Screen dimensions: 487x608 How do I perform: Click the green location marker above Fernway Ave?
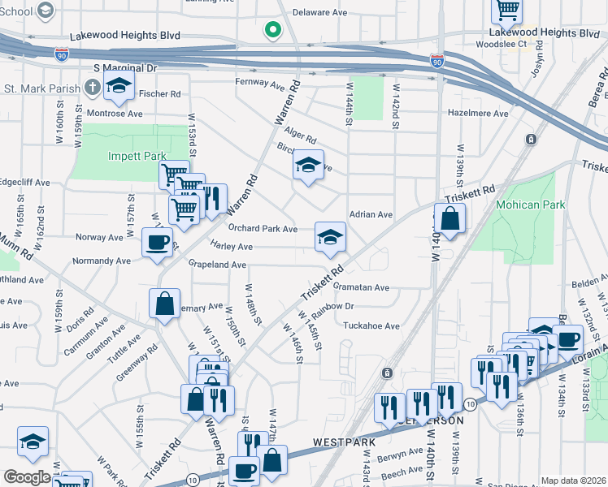coord(272,31)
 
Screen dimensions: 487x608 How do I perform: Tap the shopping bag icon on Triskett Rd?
coord(449,218)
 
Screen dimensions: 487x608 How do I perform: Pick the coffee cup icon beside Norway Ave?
coord(157,241)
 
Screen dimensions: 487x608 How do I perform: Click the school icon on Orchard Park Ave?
coord(329,236)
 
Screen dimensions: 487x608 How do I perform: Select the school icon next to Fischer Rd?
coord(119,85)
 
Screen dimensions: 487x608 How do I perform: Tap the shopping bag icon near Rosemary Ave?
coord(165,304)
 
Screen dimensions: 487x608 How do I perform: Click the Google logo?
coord(27,477)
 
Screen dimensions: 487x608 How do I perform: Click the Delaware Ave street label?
coord(322,13)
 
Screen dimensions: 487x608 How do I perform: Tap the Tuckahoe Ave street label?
coord(371,326)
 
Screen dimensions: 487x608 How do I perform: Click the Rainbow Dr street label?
coord(332,306)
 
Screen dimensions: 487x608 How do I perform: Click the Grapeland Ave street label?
coord(216,265)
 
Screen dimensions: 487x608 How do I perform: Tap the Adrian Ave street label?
coord(371,215)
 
